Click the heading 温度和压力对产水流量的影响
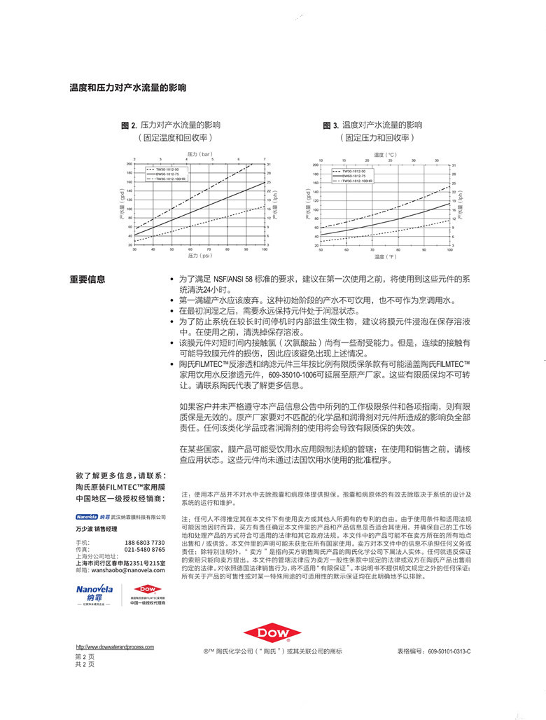click(127, 88)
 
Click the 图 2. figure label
click(128, 125)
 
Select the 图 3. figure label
click(330, 125)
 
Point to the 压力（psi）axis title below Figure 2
click(199, 256)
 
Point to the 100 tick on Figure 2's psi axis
click(265, 249)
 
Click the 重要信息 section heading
click(87, 279)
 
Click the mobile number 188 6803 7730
click(144, 543)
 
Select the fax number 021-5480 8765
click(144, 550)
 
